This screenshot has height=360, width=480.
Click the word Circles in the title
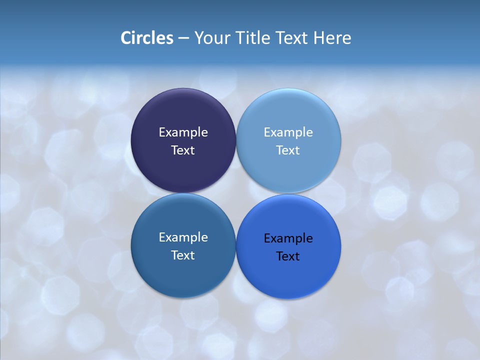click(x=147, y=38)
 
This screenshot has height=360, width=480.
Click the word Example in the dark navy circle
click(x=183, y=132)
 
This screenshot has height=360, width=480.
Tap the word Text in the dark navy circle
click(x=183, y=150)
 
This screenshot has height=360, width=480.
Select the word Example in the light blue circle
click(x=288, y=132)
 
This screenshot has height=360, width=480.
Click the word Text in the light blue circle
click(x=288, y=150)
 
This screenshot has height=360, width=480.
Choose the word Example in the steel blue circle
click(x=183, y=237)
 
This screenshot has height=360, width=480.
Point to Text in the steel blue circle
click(x=183, y=255)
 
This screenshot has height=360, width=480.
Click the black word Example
click(x=288, y=238)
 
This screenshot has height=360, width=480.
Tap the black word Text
click(x=288, y=256)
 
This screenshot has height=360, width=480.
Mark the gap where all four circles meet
click(x=236, y=193)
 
